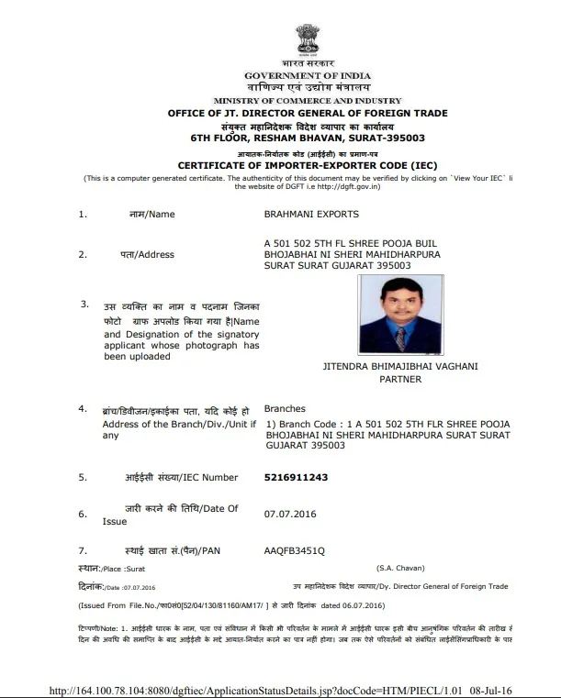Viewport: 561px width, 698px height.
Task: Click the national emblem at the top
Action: [307, 39]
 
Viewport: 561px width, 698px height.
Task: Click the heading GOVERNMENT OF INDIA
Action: [307, 73]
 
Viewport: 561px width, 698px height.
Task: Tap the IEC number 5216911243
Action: [296, 477]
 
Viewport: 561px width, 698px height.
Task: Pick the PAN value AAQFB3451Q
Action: [294, 550]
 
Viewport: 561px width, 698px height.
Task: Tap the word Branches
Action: [285, 408]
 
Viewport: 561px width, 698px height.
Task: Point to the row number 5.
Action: [83, 478]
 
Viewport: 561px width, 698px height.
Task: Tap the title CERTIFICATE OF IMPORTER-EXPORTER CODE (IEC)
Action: [307, 165]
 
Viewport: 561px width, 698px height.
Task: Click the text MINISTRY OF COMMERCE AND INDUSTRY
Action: [307, 100]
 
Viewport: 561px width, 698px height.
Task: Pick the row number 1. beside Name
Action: [83, 215]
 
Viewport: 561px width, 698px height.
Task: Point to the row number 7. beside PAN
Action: [83, 550]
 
